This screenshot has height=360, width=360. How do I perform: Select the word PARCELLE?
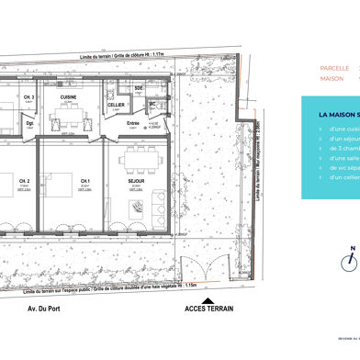point(333,68)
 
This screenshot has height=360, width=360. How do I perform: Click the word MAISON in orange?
point(331,78)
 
